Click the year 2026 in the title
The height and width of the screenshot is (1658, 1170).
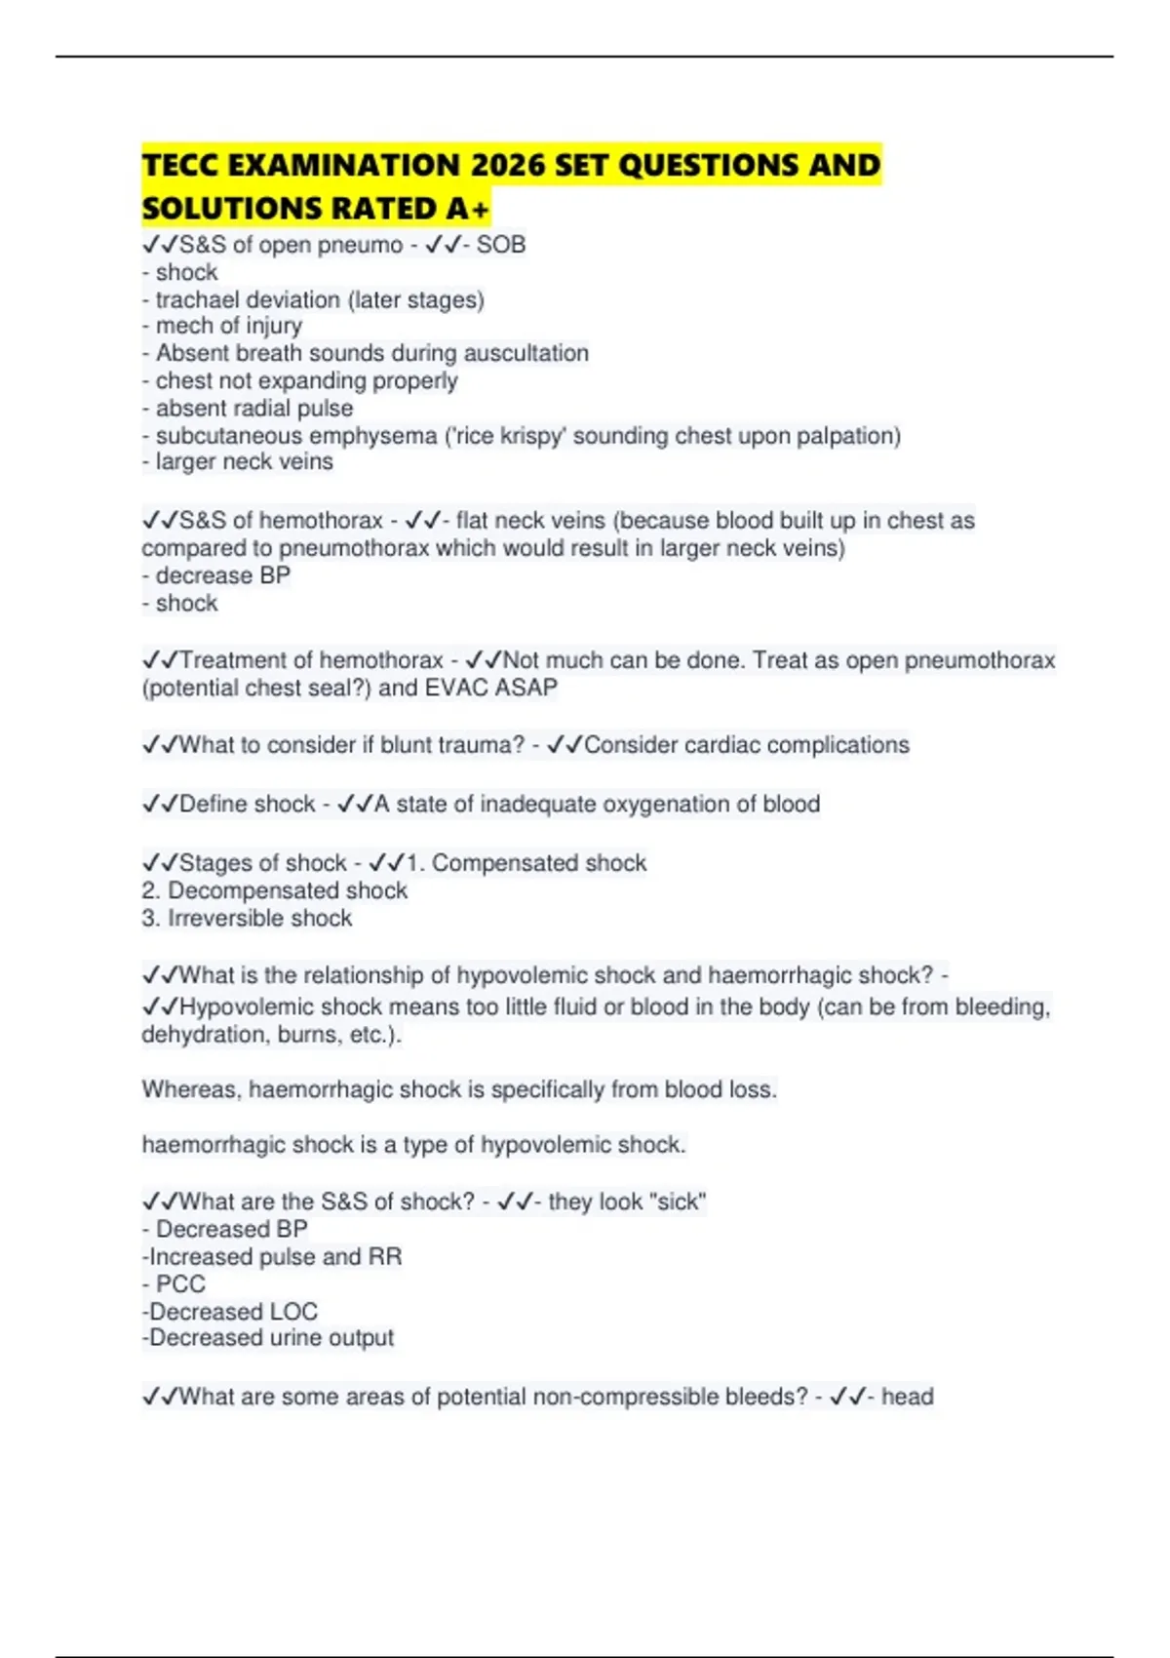pyautogui.click(x=509, y=165)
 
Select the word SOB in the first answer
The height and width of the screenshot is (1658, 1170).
pyautogui.click(x=501, y=245)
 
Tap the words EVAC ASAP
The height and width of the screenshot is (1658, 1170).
pyautogui.click(x=491, y=688)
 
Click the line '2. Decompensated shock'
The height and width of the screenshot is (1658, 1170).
pyautogui.click(x=275, y=890)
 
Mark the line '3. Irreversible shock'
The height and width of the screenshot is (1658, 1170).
pyautogui.click(x=248, y=918)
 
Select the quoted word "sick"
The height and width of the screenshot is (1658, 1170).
pyautogui.click(x=678, y=1202)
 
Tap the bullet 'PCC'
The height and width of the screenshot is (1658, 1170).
pyautogui.click(x=180, y=1283)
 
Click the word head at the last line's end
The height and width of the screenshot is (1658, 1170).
pyautogui.click(x=907, y=1397)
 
